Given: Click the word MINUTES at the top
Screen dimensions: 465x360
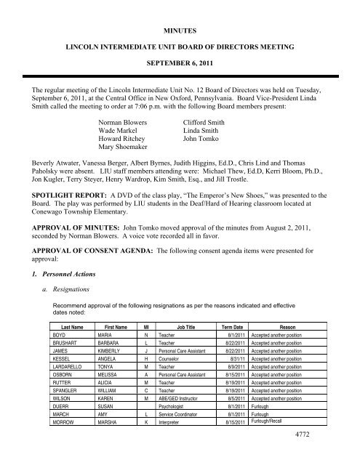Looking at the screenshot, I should (x=180, y=12).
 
